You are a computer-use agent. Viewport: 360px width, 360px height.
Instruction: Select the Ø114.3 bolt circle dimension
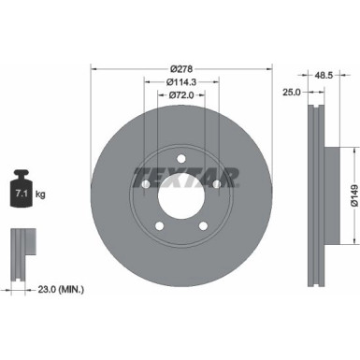pos(181,80)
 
